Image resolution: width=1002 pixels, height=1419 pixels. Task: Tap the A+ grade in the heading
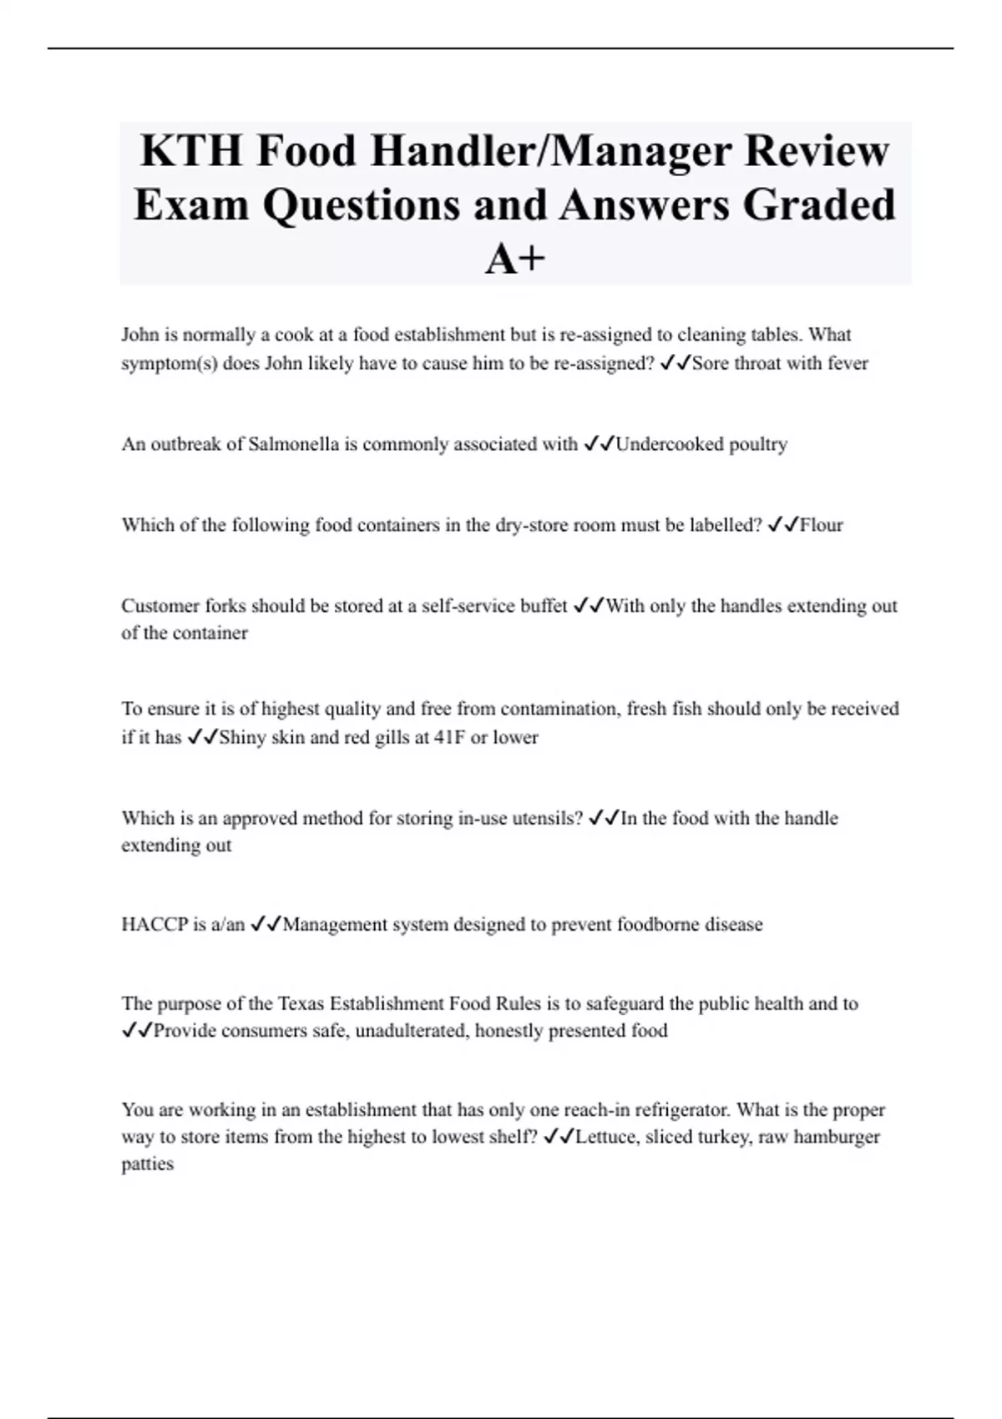[515, 259]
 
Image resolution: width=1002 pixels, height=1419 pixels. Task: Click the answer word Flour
[822, 525]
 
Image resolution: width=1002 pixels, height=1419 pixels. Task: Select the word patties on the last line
[148, 1164]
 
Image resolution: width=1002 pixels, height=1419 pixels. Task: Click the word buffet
[542, 606]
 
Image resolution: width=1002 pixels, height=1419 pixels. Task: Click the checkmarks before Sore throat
[675, 363]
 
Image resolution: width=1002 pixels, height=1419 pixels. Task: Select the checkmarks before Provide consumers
[137, 1031]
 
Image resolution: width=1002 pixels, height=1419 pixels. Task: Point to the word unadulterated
[411, 1031]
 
